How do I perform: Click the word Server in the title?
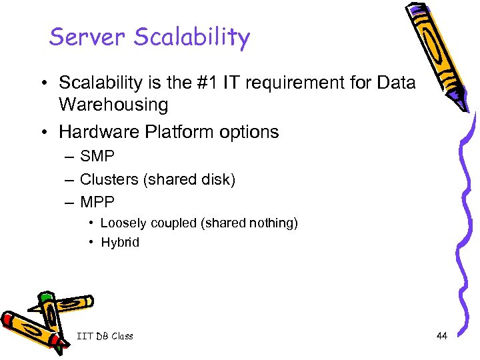(87, 37)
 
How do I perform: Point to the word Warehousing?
(113, 105)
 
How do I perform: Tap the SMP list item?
(97, 157)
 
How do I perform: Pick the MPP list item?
(97, 201)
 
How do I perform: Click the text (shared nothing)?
(249, 223)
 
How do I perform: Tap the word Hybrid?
(120, 243)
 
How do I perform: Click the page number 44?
(441, 336)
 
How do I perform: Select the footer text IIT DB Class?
(105, 336)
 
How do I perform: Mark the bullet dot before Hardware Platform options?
(42, 132)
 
